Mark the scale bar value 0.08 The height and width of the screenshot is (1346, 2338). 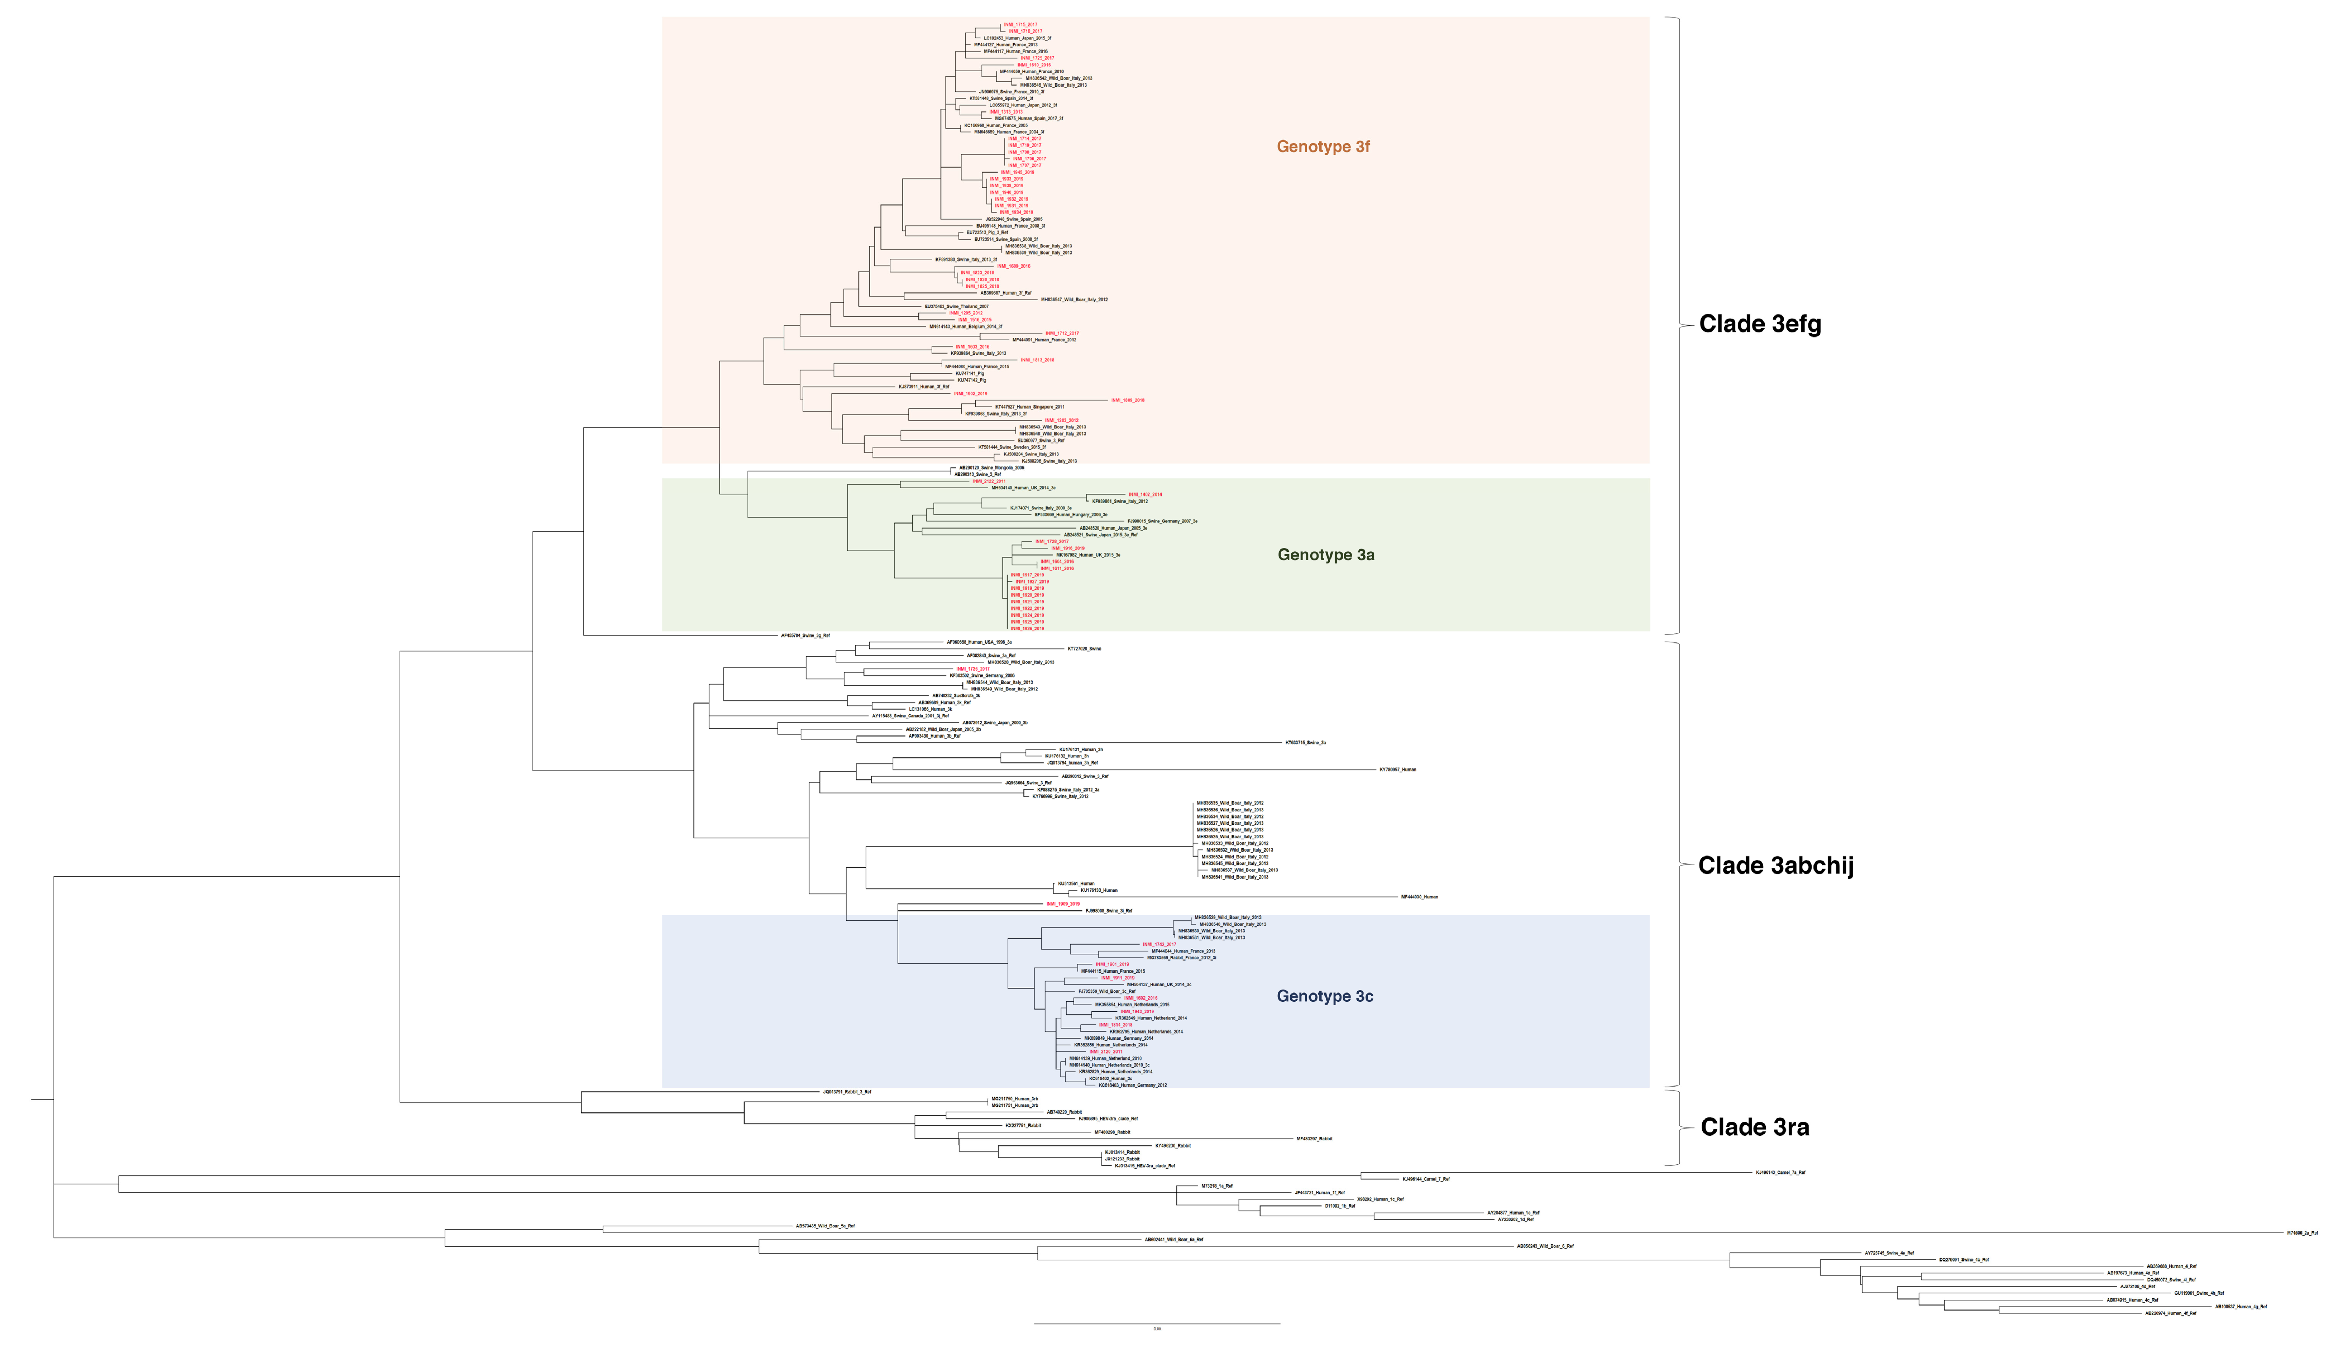click(x=1157, y=1329)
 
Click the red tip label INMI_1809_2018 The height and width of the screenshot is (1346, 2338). click(x=1127, y=400)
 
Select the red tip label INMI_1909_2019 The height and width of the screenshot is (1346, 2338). click(x=1063, y=904)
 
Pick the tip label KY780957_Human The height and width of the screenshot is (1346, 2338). click(x=1397, y=769)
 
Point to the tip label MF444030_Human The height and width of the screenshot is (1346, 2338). click(x=1420, y=897)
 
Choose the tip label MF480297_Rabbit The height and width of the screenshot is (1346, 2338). click(x=1314, y=1139)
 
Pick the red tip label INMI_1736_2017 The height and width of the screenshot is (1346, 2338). click(x=972, y=668)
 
